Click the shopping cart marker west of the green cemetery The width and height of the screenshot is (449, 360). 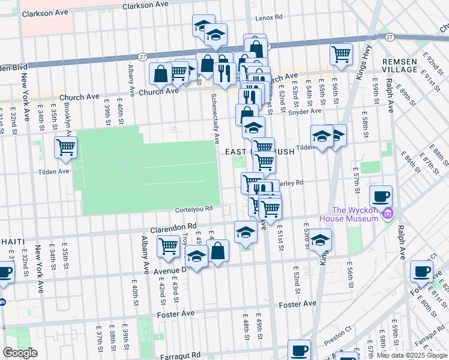[65, 147]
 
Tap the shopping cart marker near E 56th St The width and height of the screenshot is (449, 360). [341, 53]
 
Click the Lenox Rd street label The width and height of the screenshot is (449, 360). [268, 18]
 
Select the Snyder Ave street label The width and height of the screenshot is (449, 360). [305, 112]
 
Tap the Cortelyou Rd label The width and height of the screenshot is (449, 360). [194, 209]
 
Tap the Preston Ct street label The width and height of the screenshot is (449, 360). [339, 331]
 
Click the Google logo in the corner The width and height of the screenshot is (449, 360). [20, 352]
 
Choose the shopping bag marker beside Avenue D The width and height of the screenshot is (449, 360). [218, 251]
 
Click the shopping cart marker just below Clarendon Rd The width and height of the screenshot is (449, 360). [169, 246]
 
